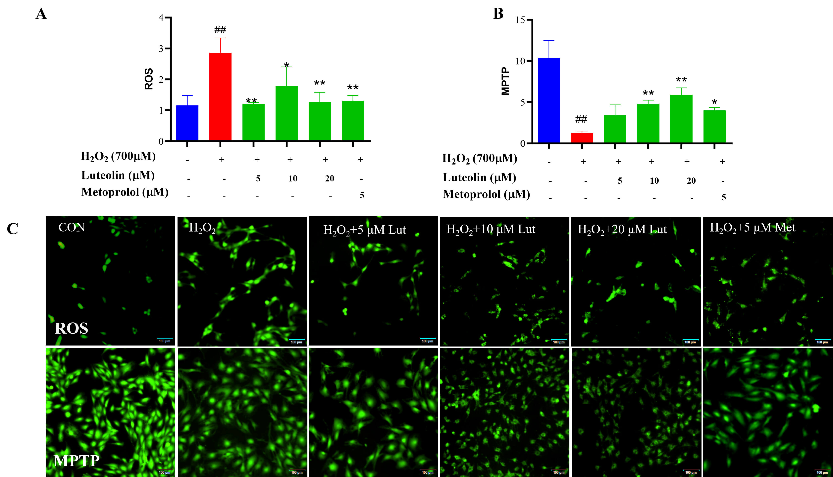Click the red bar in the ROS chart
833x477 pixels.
[x=220, y=97]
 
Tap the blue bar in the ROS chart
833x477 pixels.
[x=187, y=123]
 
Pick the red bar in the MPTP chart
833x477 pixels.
[x=582, y=138]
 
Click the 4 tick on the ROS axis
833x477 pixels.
[x=161, y=18]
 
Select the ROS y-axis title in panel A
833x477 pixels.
[x=149, y=79]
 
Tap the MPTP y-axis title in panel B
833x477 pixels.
[x=506, y=81]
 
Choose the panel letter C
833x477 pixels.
[x=13, y=229]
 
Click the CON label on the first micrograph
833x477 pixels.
[x=72, y=227]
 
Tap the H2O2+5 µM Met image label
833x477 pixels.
[x=752, y=227]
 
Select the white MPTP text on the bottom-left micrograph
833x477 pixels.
[x=77, y=461]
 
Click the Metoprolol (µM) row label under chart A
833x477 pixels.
[x=125, y=192]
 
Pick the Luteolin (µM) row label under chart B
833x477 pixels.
[x=479, y=178]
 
